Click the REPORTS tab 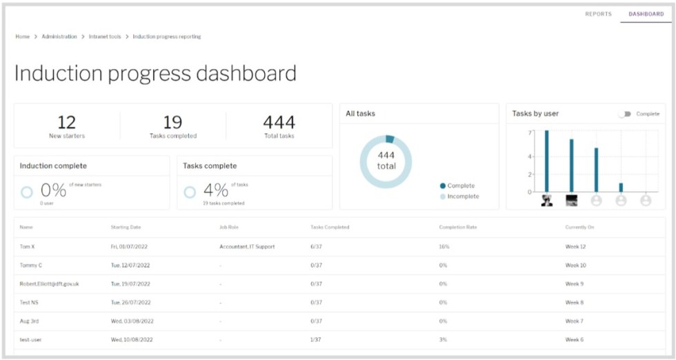(x=598, y=14)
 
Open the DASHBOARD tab (x=646, y=14)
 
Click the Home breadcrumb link (x=22, y=37)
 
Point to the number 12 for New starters (x=66, y=123)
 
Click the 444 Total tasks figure (x=279, y=123)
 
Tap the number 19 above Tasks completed (x=172, y=123)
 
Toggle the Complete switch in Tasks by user (x=625, y=114)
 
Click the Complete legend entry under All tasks (x=457, y=186)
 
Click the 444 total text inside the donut (x=386, y=161)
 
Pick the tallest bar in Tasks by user (x=546, y=161)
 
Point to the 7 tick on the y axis (x=530, y=132)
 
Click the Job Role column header (x=228, y=227)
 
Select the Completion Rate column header (x=457, y=227)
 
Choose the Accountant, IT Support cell (x=246, y=246)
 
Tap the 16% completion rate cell (x=444, y=246)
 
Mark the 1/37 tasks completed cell (x=317, y=339)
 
